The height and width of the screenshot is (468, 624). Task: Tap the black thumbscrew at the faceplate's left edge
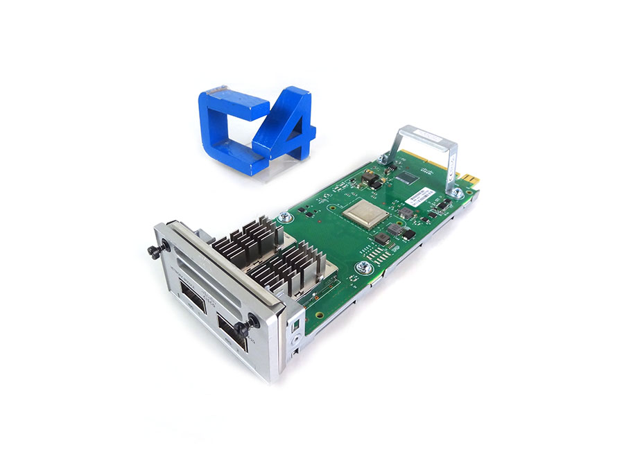click(x=155, y=249)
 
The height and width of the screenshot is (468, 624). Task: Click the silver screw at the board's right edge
click(x=361, y=267)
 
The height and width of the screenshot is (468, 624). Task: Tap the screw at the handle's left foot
click(x=383, y=159)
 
